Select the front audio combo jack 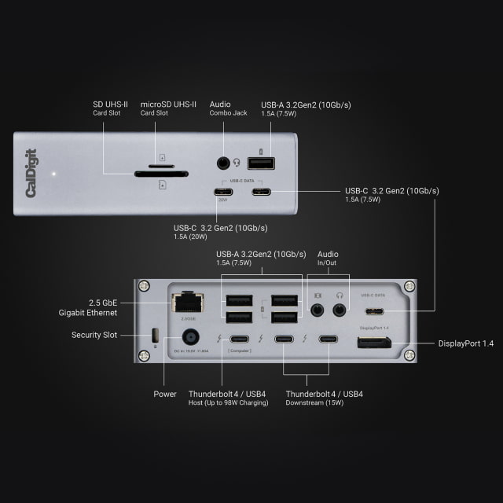point(225,163)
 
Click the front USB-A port point(261,163)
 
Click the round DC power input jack point(189,339)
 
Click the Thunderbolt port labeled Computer point(240,340)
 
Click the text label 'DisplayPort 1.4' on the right point(466,343)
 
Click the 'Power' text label point(166,394)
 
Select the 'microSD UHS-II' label point(168,104)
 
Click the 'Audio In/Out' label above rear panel point(328,259)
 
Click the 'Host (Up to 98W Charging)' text point(228,403)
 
